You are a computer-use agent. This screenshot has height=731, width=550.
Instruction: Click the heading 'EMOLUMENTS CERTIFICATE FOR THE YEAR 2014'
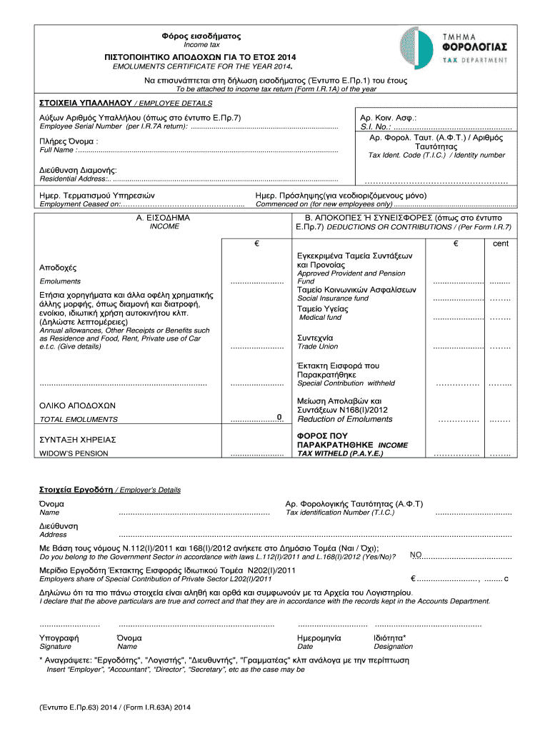203,67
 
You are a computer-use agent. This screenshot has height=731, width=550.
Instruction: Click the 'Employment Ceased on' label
79,204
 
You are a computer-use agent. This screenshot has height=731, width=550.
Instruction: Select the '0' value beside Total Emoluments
279,417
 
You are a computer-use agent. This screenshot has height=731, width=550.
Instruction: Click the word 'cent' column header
501,243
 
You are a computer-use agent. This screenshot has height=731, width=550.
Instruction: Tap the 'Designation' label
393,647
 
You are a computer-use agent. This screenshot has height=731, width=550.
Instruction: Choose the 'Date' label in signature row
305,647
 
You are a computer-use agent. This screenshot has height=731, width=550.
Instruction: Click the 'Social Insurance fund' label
333,298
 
